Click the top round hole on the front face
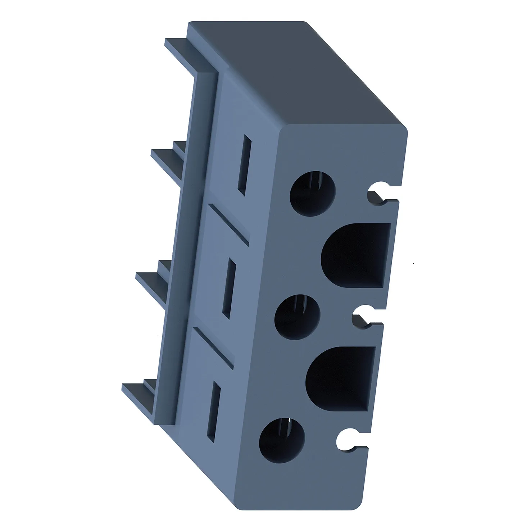click(313, 193)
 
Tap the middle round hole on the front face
click(297, 317)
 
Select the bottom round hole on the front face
click(282, 440)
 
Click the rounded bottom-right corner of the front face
click(356, 502)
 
